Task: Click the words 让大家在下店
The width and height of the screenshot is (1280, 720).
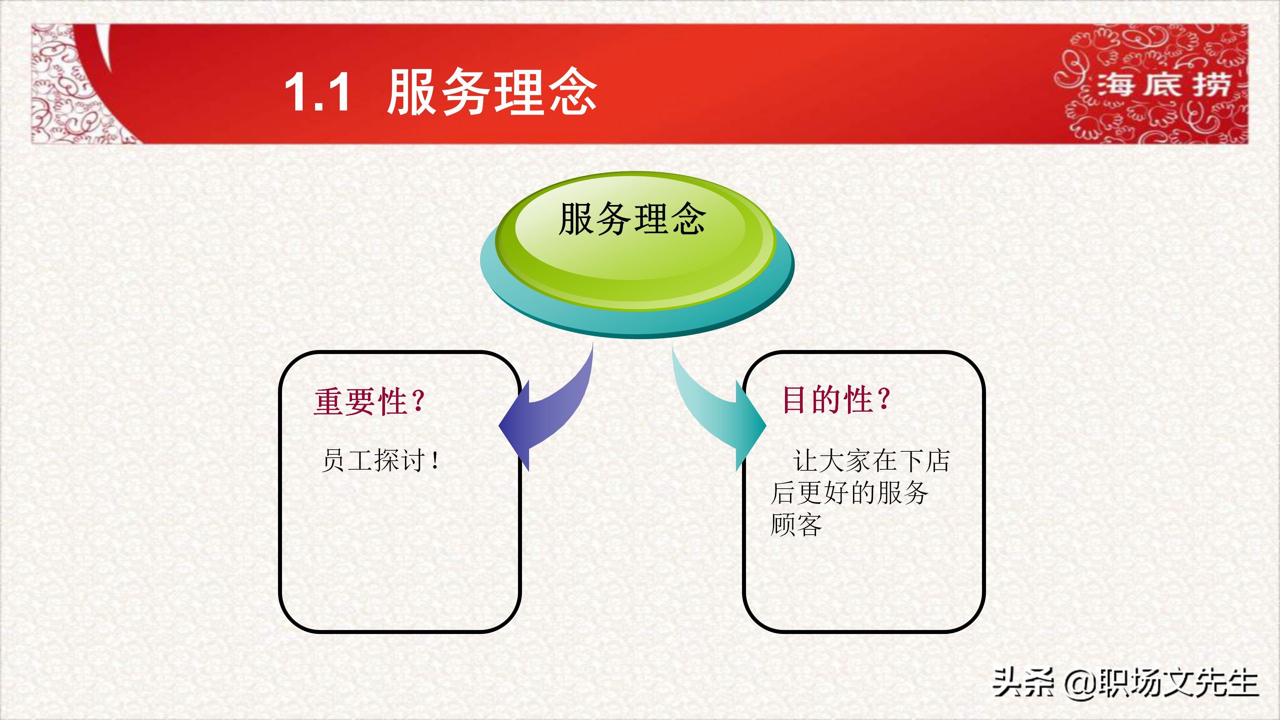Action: tap(871, 461)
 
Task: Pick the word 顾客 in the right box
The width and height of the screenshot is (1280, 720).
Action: tap(796, 525)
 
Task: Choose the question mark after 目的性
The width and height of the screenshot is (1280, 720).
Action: tap(884, 399)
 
